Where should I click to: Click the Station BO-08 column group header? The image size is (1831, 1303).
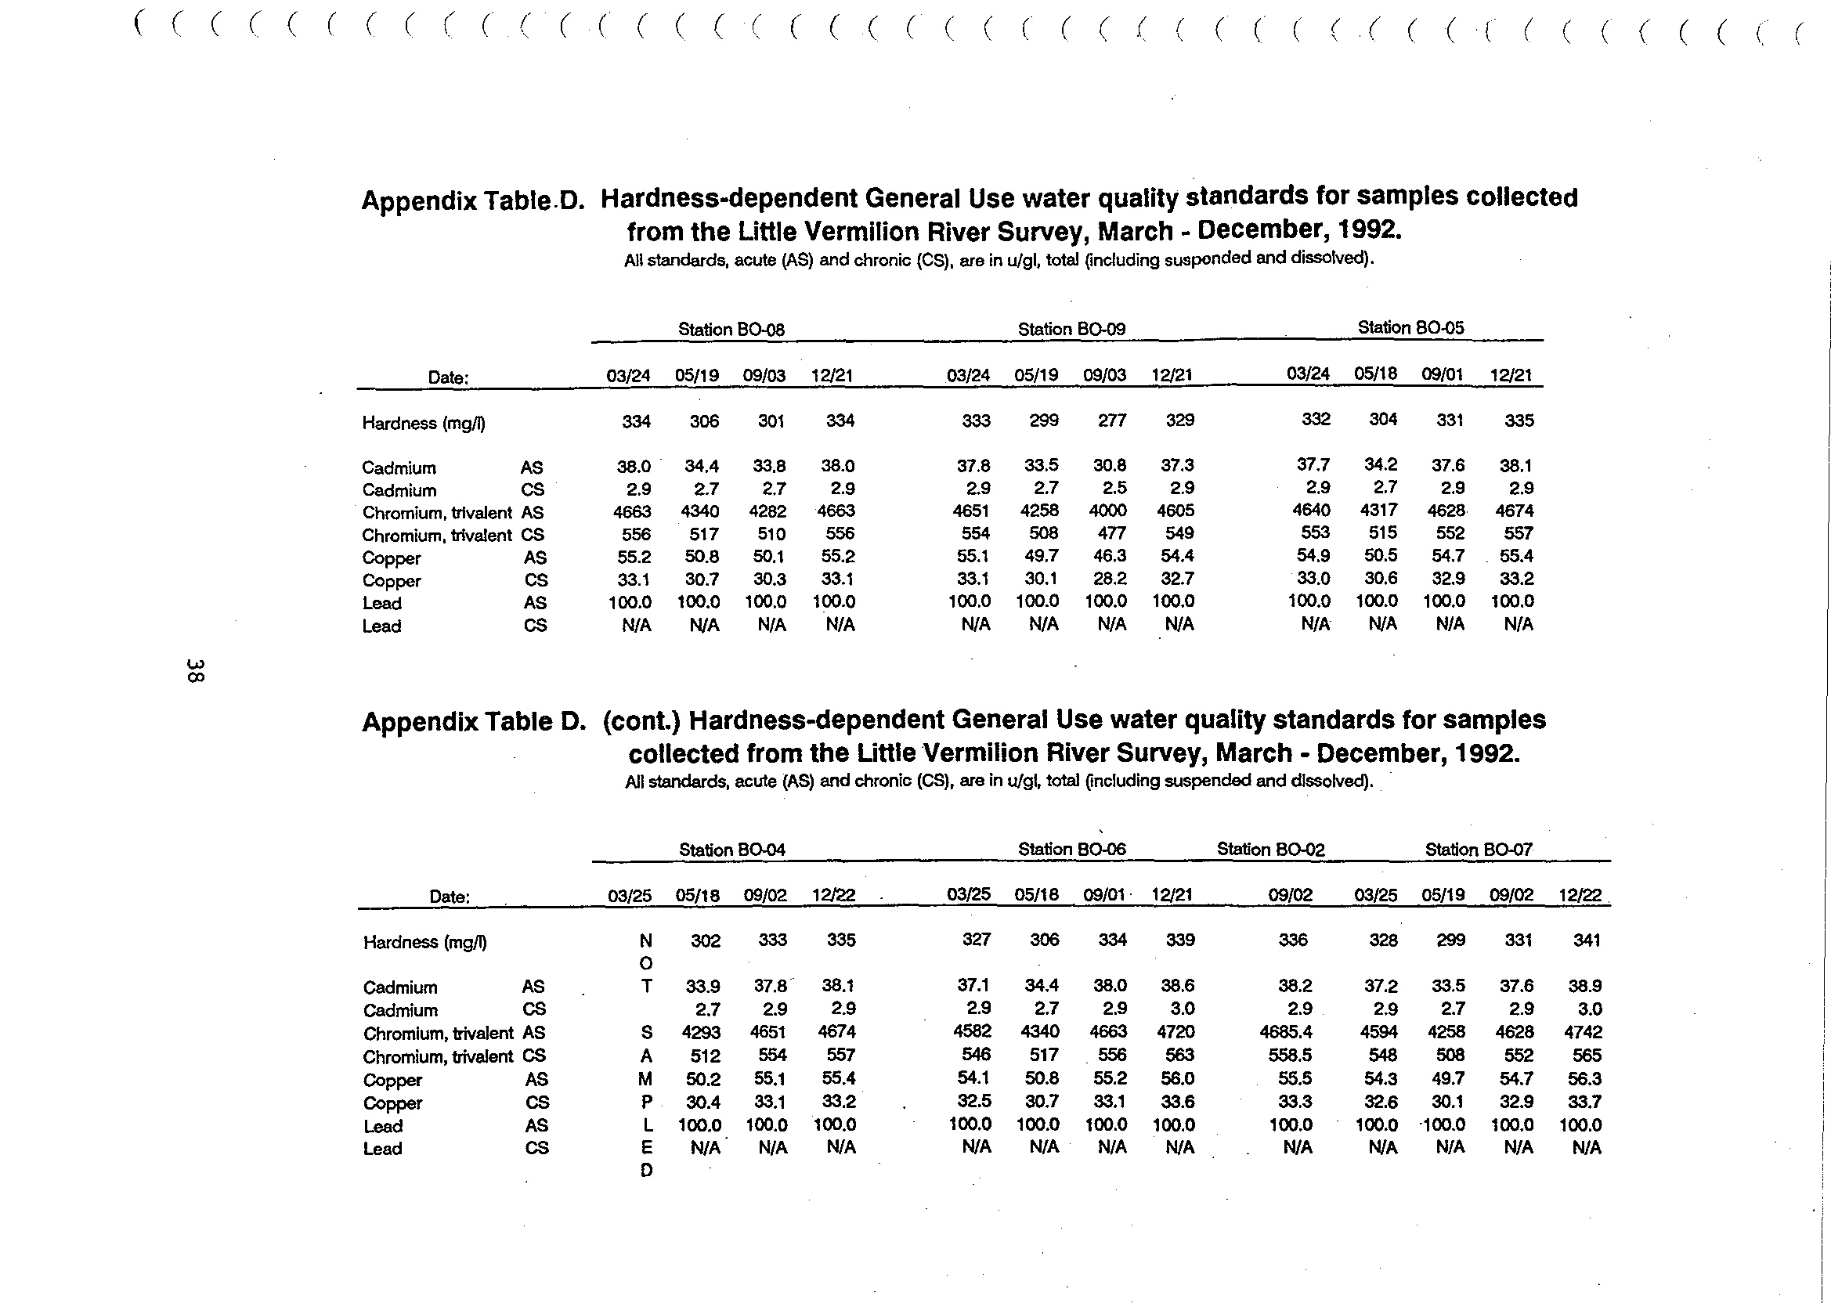(x=730, y=330)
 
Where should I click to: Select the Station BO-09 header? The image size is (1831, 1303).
(x=1071, y=329)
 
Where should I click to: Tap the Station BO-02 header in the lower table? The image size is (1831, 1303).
(x=1270, y=849)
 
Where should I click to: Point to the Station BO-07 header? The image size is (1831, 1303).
(x=1478, y=849)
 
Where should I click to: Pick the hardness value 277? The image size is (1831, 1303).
(x=1112, y=420)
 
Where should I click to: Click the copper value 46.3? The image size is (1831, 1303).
(x=1111, y=555)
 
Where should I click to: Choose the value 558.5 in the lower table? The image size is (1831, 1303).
(x=1289, y=1055)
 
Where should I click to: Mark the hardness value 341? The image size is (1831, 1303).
(x=1587, y=940)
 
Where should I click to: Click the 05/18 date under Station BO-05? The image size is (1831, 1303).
(x=1375, y=373)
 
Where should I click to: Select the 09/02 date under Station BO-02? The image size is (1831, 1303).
(x=1290, y=894)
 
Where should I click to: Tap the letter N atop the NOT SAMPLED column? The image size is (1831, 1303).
(x=645, y=940)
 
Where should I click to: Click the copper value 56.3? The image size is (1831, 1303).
(x=1585, y=1078)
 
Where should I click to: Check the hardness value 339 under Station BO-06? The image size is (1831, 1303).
(x=1179, y=940)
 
